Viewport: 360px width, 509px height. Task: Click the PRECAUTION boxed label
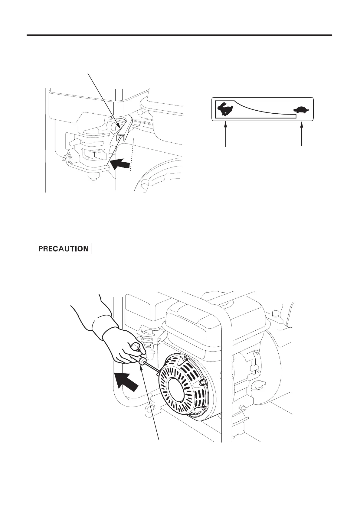coord(64,248)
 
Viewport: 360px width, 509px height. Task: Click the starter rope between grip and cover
coord(151,367)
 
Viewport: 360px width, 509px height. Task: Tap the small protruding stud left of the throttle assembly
coord(64,158)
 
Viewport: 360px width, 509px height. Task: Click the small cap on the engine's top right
coord(275,313)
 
